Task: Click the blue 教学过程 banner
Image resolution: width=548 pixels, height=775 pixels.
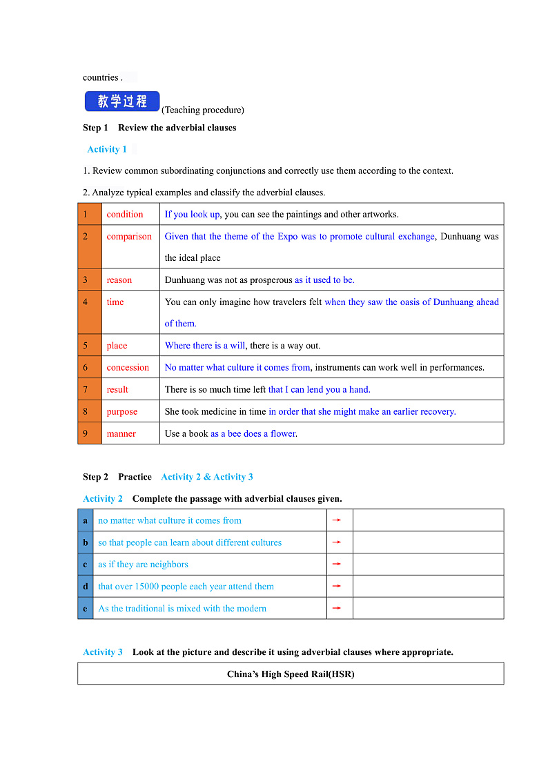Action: point(122,101)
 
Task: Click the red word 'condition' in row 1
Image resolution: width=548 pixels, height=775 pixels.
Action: point(125,215)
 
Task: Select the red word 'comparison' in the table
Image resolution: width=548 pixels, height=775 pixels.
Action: point(129,237)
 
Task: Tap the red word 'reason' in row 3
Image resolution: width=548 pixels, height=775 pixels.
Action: point(119,280)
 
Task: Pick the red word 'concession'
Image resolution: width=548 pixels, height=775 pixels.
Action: point(128,368)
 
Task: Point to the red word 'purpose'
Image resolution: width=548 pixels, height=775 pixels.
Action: point(121,412)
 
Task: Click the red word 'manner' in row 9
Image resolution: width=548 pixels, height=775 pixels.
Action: point(121,434)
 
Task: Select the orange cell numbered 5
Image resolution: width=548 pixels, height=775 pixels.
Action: point(90,346)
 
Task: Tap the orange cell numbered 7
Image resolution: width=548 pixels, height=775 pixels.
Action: point(90,390)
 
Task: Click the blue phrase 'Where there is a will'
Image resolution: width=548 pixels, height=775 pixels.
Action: point(205,346)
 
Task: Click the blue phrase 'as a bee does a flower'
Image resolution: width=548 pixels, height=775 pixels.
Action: point(253,434)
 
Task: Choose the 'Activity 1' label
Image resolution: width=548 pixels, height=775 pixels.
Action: point(107,150)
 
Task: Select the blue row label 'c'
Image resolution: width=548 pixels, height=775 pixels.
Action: point(86,565)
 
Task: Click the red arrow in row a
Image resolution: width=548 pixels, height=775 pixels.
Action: point(337,520)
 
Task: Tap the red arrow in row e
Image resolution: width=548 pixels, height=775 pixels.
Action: point(337,608)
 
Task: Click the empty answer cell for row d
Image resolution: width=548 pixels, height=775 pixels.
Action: point(428,587)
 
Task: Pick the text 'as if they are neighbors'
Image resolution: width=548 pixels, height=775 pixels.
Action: point(143,565)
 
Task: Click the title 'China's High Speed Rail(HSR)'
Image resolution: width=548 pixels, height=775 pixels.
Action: point(291,674)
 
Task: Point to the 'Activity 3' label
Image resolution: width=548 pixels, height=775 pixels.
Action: point(103,652)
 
